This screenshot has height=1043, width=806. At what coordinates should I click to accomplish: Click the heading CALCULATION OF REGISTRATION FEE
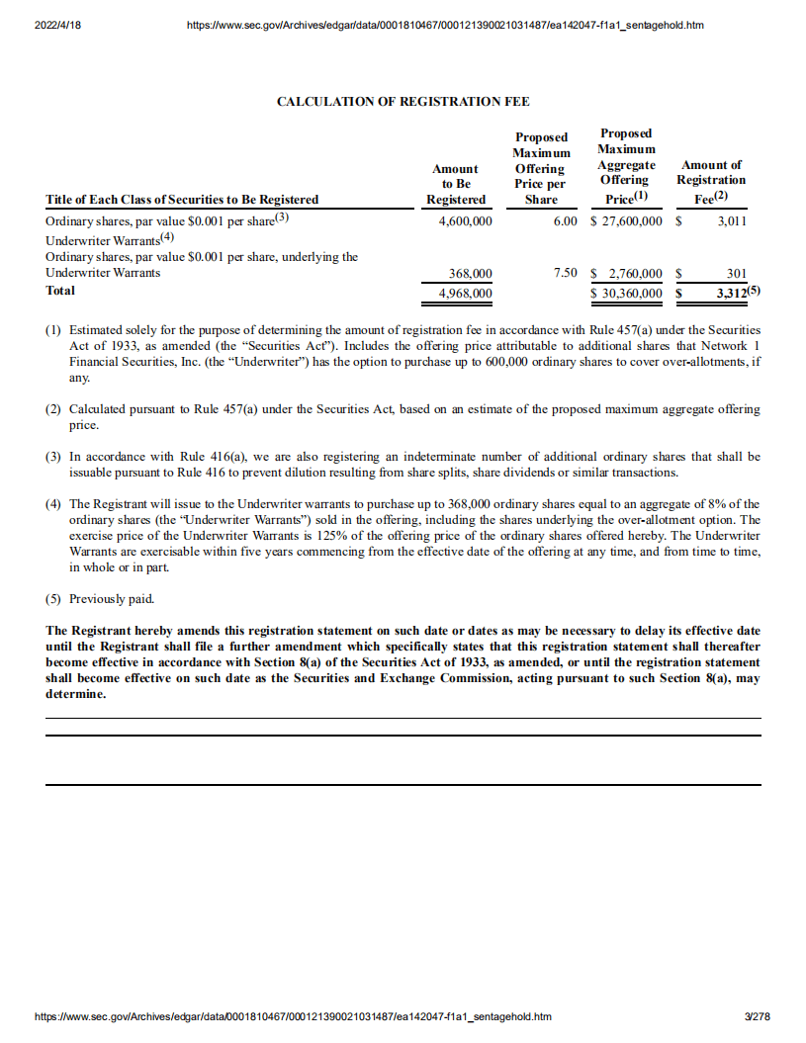click(x=403, y=102)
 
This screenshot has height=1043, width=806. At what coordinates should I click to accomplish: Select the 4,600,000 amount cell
click(x=465, y=220)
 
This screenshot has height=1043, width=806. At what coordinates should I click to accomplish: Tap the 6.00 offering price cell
click(x=565, y=220)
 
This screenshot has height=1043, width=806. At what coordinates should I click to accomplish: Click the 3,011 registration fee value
click(x=732, y=220)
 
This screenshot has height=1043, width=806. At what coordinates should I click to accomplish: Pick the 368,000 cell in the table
click(x=471, y=274)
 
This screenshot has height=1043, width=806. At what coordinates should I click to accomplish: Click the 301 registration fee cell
click(x=736, y=274)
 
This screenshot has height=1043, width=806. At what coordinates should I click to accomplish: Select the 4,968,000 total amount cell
click(x=465, y=292)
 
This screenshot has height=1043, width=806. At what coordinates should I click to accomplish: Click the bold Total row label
click(x=60, y=291)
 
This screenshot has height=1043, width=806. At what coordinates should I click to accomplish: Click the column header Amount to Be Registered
click(x=455, y=184)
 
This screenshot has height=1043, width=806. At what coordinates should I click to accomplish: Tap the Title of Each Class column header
click(x=182, y=200)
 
